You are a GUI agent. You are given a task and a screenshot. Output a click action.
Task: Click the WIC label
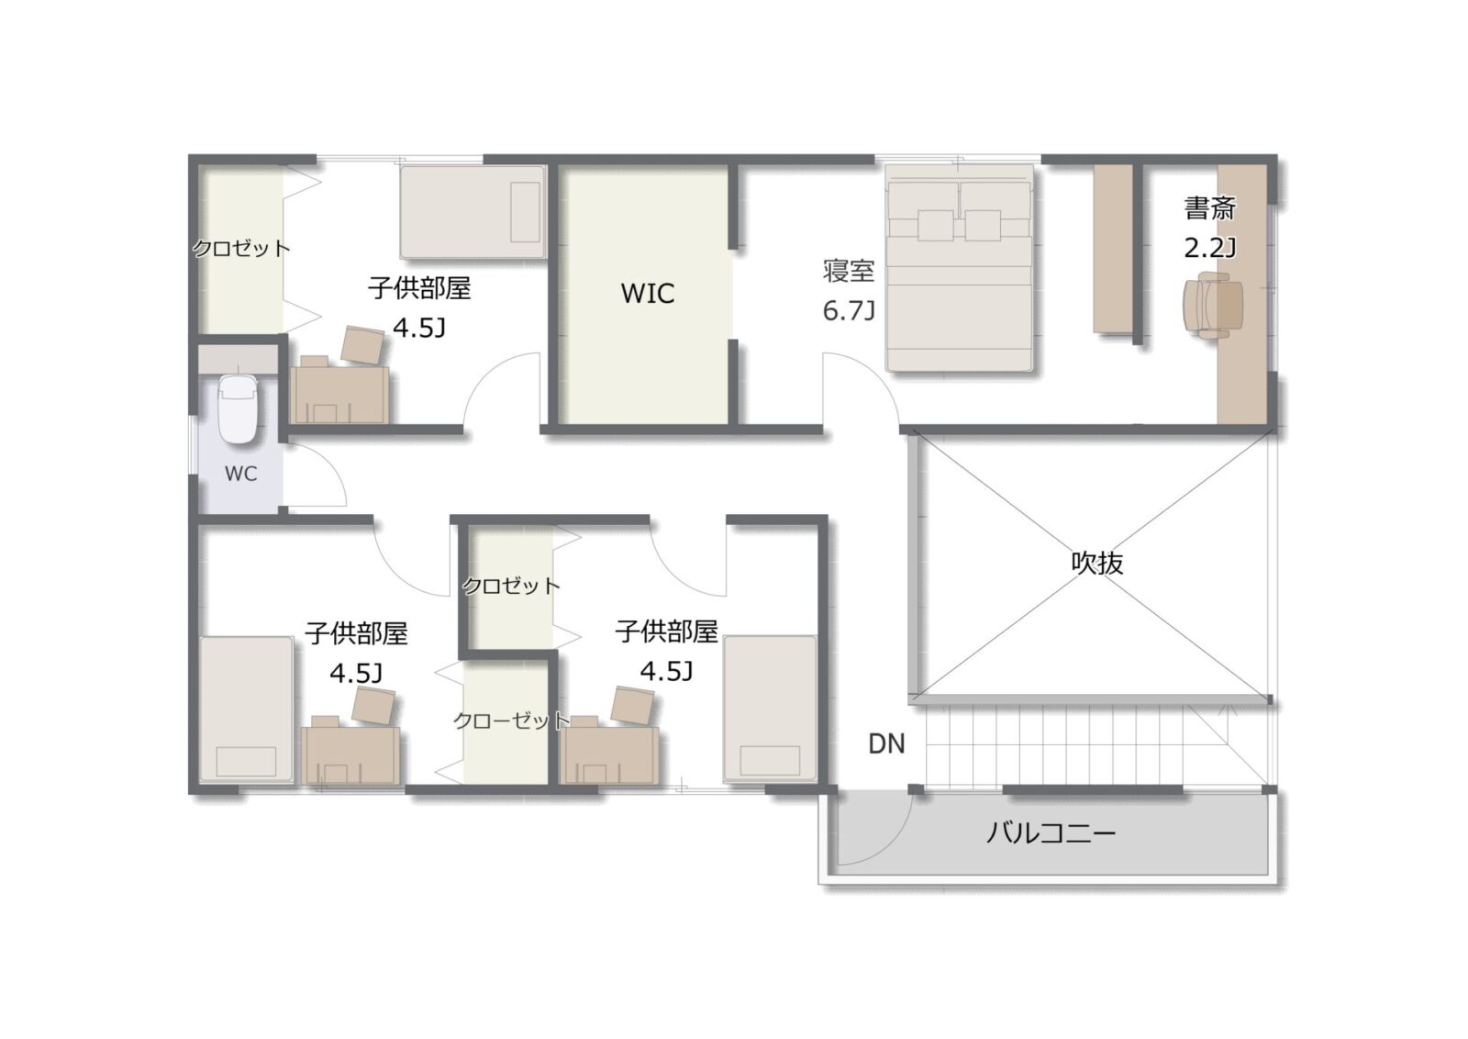point(648,293)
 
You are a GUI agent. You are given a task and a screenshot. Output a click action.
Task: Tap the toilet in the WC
point(238,409)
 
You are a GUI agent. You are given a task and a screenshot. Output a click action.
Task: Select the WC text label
point(240,474)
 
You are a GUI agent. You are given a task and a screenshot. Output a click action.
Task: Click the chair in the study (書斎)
point(1213,307)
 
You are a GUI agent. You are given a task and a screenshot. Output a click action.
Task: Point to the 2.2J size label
point(1210,248)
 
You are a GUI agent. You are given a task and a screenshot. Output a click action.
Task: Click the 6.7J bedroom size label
point(849,310)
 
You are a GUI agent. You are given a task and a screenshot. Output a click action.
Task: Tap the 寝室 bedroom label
point(849,271)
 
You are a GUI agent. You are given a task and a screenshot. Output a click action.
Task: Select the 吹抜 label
point(1097,563)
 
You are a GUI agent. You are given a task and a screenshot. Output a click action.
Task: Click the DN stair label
point(886,743)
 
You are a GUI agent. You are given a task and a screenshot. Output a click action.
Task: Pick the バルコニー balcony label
point(1051,833)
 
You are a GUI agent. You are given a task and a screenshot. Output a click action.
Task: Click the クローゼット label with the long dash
point(512,721)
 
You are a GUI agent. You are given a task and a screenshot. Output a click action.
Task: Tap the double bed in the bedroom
point(960,268)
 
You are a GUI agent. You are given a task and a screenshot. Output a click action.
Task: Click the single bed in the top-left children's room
point(473,212)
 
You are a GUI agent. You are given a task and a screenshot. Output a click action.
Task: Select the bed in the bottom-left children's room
point(247,709)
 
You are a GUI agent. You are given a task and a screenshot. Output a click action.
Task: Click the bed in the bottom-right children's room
point(770,709)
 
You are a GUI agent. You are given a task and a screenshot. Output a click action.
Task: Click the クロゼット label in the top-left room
point(241,248)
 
